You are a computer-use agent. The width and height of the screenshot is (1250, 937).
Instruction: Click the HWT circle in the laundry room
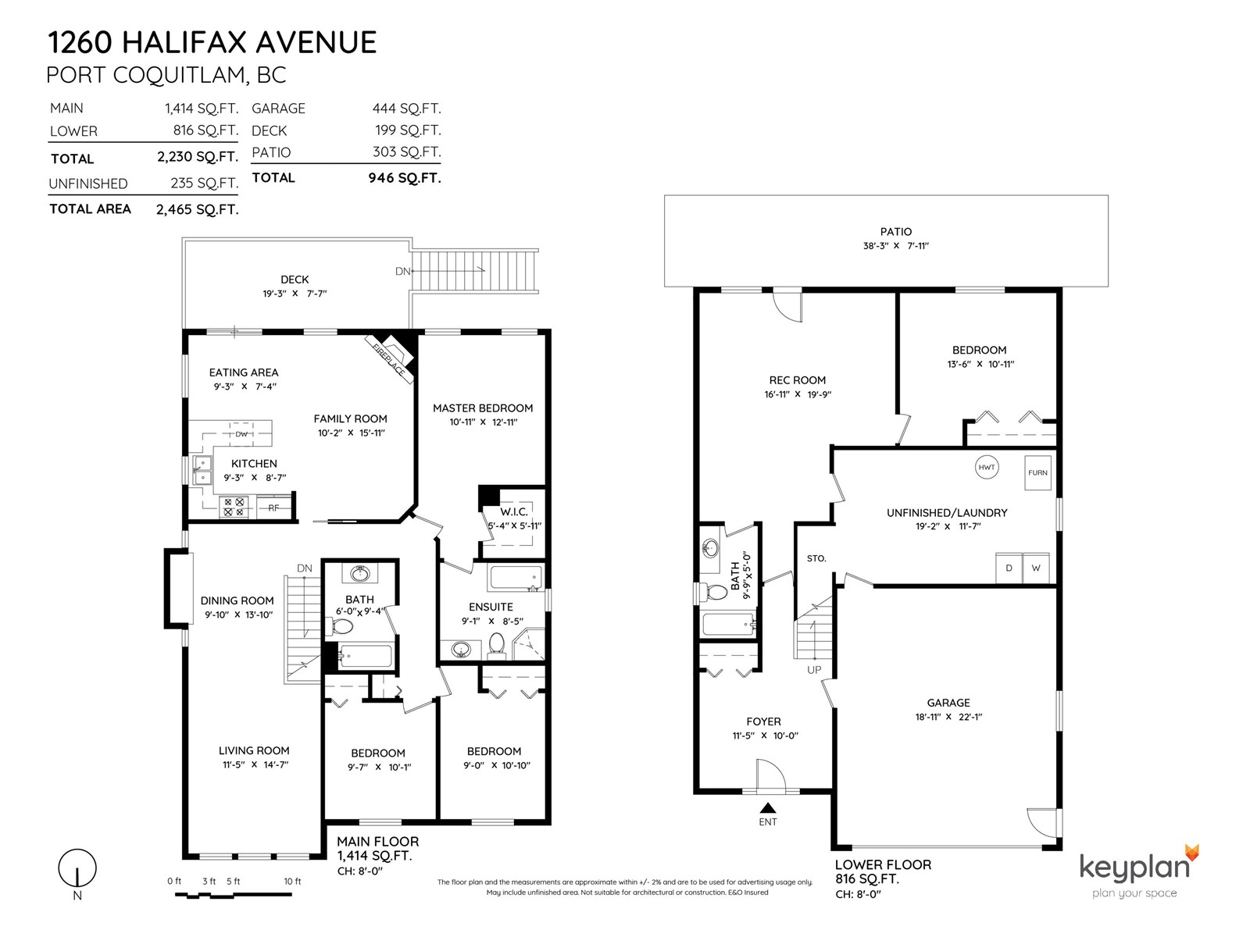(987, 467)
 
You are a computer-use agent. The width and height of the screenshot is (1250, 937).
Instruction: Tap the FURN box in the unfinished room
(1037, 472)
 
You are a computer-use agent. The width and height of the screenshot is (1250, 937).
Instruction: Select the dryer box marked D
(1009, 568)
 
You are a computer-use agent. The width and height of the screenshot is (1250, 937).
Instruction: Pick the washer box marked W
(1036, 568)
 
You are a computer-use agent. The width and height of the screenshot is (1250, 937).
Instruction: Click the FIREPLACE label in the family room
(388, 359)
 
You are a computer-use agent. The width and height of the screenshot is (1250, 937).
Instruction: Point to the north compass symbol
(77, 868)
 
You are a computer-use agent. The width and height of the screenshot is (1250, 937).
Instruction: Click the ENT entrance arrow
(768, 807)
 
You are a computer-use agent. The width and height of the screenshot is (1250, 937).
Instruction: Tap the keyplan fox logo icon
(1192, 853)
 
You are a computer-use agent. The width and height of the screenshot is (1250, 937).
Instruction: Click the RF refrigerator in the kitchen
(273, 507)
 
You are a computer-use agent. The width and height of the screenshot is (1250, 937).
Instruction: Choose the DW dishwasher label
(241, 434)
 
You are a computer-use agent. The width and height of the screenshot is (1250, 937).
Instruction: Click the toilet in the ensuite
(497, 646)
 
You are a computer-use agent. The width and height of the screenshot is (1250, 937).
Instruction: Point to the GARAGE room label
(948, 703)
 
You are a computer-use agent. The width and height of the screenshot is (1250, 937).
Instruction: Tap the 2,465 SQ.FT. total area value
(197, 209)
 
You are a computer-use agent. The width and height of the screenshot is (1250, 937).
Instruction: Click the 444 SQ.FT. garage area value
(406, 108)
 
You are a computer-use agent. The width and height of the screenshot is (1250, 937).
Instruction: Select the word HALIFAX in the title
(184, 42)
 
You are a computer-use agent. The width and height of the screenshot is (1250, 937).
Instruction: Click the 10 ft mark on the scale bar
(292, 882)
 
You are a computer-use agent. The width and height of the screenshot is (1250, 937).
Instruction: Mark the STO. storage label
(816, 558)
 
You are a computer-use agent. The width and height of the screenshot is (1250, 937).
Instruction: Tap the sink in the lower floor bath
(709, 550)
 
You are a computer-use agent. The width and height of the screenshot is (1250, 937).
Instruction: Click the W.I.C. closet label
(513, 511)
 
